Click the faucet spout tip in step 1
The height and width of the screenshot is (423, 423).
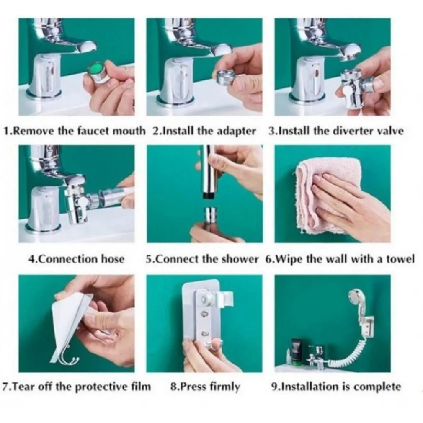click(x=86, y=49)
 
